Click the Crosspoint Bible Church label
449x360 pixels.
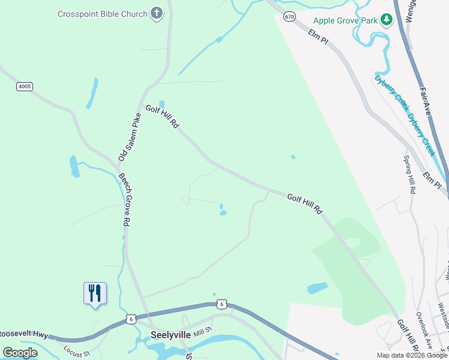click(x=102, y=13)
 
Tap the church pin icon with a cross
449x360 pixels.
click(x=157, y=13)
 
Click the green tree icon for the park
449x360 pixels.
click(x=387, y=20)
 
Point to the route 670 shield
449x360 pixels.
click(x=290, y=17)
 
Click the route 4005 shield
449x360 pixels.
click(x=25, y=86)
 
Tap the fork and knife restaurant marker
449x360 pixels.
click(x=95, y=293)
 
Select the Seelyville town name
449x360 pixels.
click(x=170, y=335)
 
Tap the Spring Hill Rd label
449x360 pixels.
click(x=409, y=174)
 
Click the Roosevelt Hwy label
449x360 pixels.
click(x=23, y=334)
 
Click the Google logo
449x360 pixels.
click(x=20, y=353)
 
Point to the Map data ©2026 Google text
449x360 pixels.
click(x=412, y=355)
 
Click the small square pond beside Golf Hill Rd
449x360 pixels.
click(x=161, y=104)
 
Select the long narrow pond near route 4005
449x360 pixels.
click(x=92, y=94)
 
